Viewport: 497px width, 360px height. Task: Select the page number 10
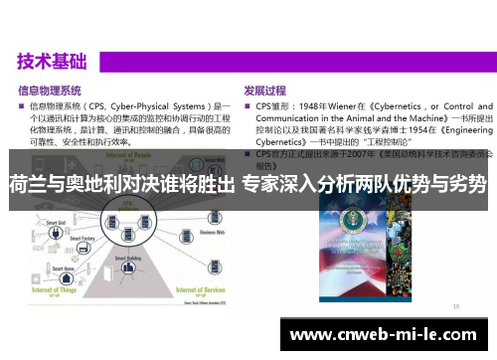coord(455,305)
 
